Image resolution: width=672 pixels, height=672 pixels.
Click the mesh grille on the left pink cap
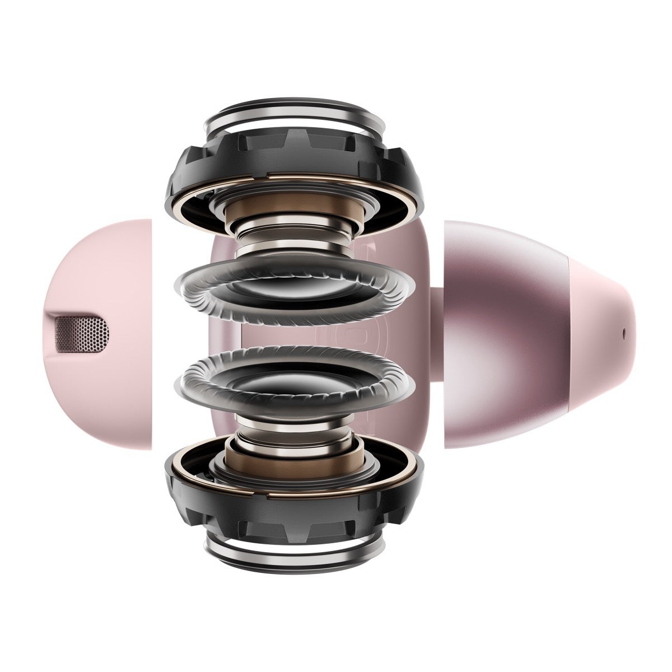pyautogui.click(x=81, y=331)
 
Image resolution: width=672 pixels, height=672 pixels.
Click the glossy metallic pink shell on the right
pyautogui.click(x=504, y=336)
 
